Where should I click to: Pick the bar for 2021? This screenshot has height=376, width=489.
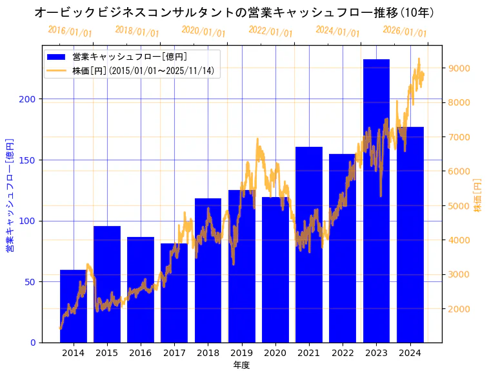(x=309, y=245)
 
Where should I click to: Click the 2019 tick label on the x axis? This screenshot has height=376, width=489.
(x=241, y=352)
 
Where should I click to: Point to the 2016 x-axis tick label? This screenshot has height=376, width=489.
(x=140, y=352)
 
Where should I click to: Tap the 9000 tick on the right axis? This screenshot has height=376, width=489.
(x=459, y=68)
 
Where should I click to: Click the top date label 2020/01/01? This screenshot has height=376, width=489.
(x=204, y=32)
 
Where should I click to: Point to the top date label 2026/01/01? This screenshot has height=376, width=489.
(x=404, y=32)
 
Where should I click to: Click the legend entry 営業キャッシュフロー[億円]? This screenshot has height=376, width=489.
(x=130, y=57)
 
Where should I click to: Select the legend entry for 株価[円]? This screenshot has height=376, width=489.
(x=143, y=71)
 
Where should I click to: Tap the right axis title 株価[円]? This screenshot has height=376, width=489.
(x=478, y=196)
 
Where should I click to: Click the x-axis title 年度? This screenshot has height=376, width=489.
(x=241, y=365)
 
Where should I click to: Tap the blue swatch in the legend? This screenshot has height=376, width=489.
(x=57, y=57)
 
